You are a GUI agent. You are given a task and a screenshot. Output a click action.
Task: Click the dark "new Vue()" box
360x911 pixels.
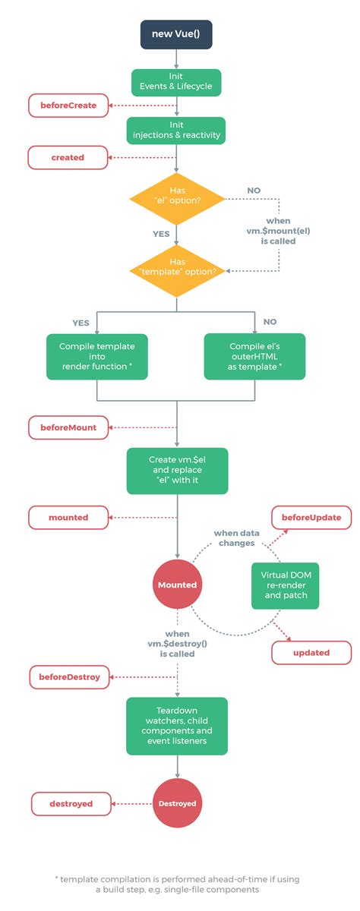176,34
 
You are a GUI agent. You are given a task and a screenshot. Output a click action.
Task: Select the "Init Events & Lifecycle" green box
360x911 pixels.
176,83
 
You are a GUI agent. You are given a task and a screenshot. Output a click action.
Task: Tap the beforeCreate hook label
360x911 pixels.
68,106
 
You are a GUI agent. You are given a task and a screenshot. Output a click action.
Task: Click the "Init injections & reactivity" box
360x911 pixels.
176,131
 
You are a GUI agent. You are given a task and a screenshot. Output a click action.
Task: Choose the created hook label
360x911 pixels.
68,157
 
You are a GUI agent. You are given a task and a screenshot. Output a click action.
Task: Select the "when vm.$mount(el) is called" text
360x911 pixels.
278,230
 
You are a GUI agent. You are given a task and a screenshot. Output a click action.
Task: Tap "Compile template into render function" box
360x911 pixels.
96,357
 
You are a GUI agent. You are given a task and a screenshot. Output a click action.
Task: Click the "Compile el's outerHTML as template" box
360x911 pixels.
255,357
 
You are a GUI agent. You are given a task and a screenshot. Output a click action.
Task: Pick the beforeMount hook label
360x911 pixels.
68,427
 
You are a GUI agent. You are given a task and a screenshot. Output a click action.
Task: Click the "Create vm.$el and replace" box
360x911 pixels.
176,470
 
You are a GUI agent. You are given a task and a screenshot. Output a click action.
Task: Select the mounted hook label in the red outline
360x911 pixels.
68,518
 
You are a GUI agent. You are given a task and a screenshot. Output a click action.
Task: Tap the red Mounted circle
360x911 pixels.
177,585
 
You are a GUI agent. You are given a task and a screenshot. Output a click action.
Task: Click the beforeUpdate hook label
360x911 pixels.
311,518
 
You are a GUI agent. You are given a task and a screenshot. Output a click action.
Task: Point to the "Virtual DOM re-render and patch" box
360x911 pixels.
285,585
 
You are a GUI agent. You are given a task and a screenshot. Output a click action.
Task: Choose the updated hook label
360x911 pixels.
311,652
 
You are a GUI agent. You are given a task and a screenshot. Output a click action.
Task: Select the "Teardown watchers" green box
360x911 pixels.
176,726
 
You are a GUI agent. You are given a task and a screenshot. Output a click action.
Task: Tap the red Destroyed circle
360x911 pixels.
177,802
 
